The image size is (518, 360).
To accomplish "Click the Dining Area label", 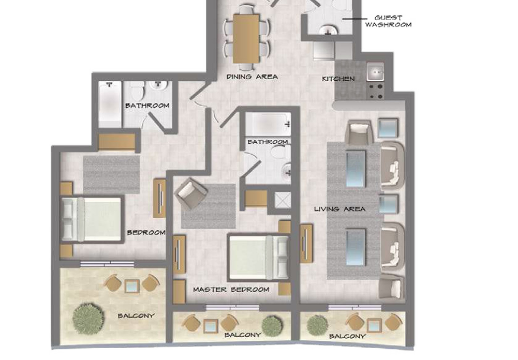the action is [252, 76].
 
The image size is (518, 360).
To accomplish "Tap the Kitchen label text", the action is [338, 79].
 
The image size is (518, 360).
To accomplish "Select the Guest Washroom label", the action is [388, 21].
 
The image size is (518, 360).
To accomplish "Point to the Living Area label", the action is [340, 209].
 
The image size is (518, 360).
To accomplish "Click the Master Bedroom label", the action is [231, 290].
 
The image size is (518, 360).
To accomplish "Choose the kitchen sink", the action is [375, 72].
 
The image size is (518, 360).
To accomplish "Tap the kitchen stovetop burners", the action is [376, 92].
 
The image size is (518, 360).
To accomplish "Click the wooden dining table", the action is [246, 38].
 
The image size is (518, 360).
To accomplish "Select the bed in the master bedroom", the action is [259, 257].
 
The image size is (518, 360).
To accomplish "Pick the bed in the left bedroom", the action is [92, 219].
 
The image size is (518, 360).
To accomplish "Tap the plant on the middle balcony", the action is [272, 325].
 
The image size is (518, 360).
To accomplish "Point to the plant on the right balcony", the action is [317, 324].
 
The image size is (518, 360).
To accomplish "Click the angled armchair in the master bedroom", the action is [191, 194].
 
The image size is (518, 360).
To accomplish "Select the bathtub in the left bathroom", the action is [110, 104].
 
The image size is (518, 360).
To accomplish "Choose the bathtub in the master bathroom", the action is [268, 124].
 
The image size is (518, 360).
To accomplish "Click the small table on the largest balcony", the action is [132, 287].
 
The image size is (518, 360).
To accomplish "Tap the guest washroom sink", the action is [328, 30].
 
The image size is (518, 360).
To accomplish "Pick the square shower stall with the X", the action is [283, 200].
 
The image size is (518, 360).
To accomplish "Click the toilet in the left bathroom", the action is [136, 91].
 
